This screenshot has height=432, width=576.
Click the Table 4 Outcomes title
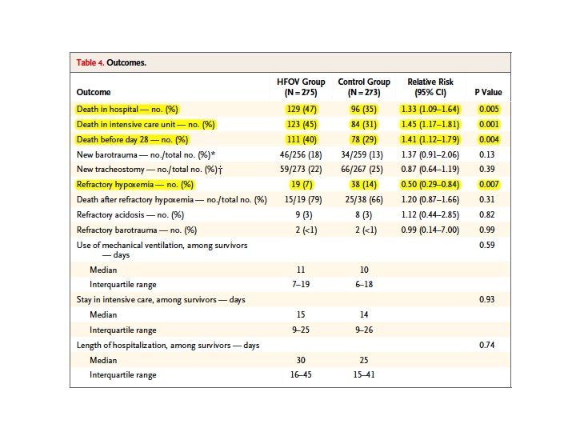pos(111,62)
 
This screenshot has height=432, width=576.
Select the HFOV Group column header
pos(301,87)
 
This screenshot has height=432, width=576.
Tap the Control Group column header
pos(364,87)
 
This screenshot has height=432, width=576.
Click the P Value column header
pos(488,93)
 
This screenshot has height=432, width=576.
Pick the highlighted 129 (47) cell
pos(302,108)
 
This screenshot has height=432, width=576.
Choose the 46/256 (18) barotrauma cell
pos(302,154)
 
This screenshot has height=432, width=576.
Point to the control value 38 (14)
pos(364,185)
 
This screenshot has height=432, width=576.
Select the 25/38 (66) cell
pos(364,199)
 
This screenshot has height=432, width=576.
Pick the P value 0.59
pos(488,245)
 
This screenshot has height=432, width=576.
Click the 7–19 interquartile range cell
pos(302,285)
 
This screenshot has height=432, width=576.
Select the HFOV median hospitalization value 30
pos(302,360)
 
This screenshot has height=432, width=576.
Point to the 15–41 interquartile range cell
pos(364,375)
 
